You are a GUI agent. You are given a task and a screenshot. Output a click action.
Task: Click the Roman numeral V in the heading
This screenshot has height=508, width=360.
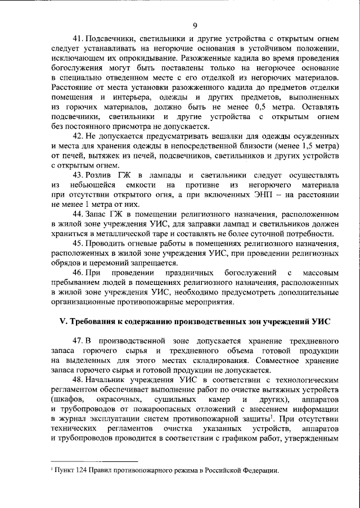[x=62, y=321]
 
